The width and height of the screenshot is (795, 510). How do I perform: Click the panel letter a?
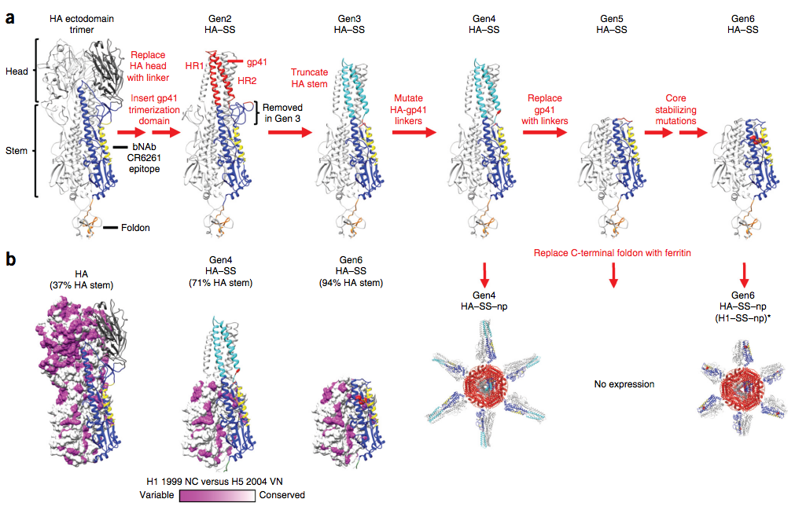pos(11,16)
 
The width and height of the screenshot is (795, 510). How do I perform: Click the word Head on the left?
pos(17,72)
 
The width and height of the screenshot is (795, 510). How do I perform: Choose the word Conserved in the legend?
pos(282,495)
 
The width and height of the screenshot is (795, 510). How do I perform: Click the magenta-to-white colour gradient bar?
pos(217,495)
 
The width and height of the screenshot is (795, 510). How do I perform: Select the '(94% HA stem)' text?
pos(347,283)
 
